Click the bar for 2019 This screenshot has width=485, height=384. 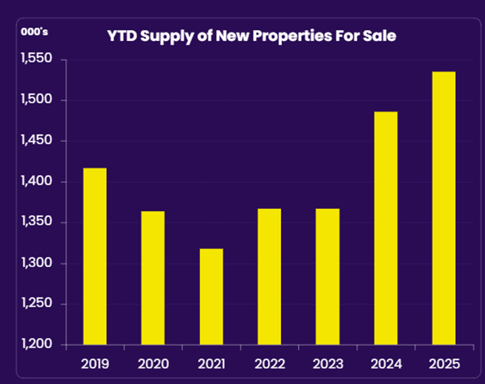[x=94, y=256]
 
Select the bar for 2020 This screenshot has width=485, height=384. [x=153, y=278]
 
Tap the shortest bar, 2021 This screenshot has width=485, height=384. [x=211, y=297]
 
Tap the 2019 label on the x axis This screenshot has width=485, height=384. [x=94, y=365]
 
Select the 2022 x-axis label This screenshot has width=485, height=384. [x=269, y=365]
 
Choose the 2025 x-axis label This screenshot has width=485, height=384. [x=443, y=365]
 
